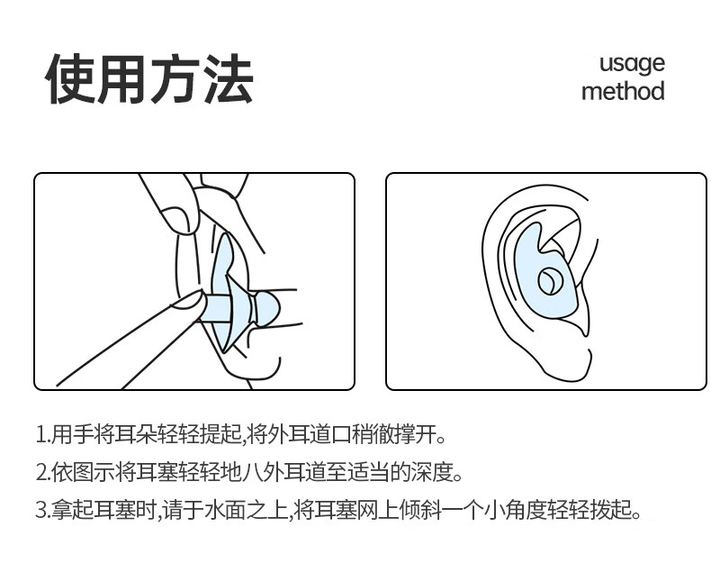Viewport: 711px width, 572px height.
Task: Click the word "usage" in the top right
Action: (632, 64)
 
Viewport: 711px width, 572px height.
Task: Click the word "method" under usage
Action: (623, 91)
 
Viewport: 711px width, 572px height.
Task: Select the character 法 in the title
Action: (228, 79)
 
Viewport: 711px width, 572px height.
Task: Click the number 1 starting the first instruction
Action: (40, 434)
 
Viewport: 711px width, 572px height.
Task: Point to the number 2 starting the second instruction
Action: (41, 473)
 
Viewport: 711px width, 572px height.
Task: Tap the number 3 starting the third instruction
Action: (41, 510)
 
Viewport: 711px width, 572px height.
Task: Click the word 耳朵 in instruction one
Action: (136, 434)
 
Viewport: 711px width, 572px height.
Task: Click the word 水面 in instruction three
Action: (226, 510)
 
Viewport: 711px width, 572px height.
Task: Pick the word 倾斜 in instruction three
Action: (420, 510)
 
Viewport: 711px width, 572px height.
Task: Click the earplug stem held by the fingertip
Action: (218, 309)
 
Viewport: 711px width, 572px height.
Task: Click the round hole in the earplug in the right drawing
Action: (549, 280)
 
